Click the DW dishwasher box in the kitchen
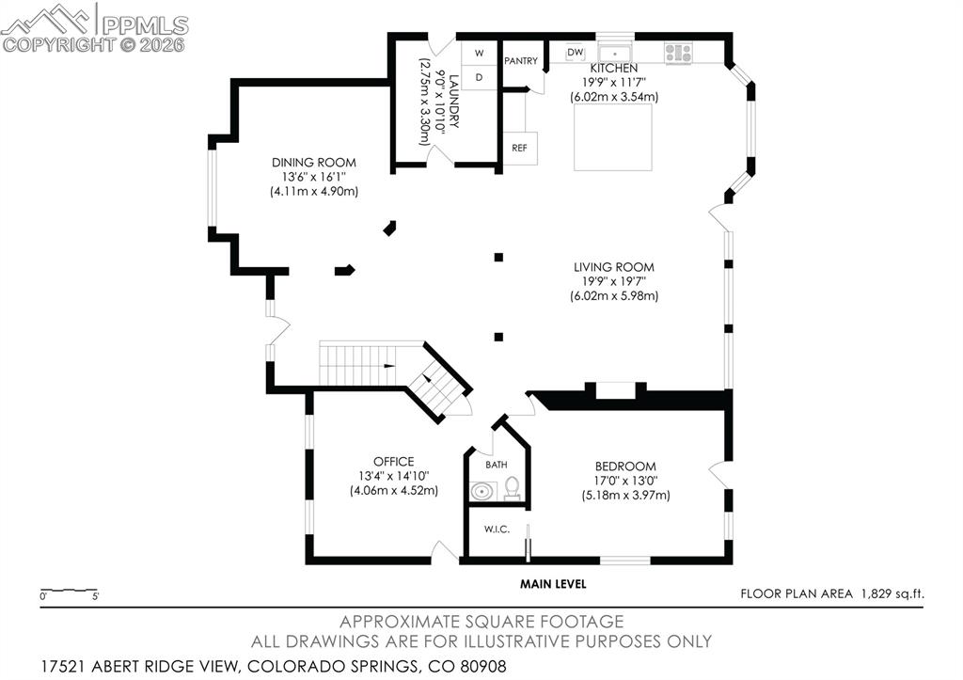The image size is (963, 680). click(x=576, y=53)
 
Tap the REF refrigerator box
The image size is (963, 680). click(x=519, y=148)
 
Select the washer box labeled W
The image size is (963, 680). click(x=479, y=53)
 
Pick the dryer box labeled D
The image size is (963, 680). click(x=479, y=77)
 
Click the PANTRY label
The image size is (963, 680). click(x=521, y=61)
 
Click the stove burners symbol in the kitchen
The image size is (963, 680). click(x=678, y=52)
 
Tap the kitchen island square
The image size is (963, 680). click(x=613, y=137)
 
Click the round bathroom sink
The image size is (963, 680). click(x=483, y=490)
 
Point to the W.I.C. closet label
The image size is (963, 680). click(x=497, y=530)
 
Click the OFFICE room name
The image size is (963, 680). click(x=393, y=462)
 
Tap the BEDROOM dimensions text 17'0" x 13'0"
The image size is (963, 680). click(x=624, y=481)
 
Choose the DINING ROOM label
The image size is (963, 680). click(x=314, y=163)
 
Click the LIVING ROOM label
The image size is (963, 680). click(x=613, y=267)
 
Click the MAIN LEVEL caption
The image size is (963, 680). click(x=553, y=584)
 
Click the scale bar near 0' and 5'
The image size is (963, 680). click(x=70, y=591)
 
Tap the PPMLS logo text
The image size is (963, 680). click(x=146, y=24)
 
